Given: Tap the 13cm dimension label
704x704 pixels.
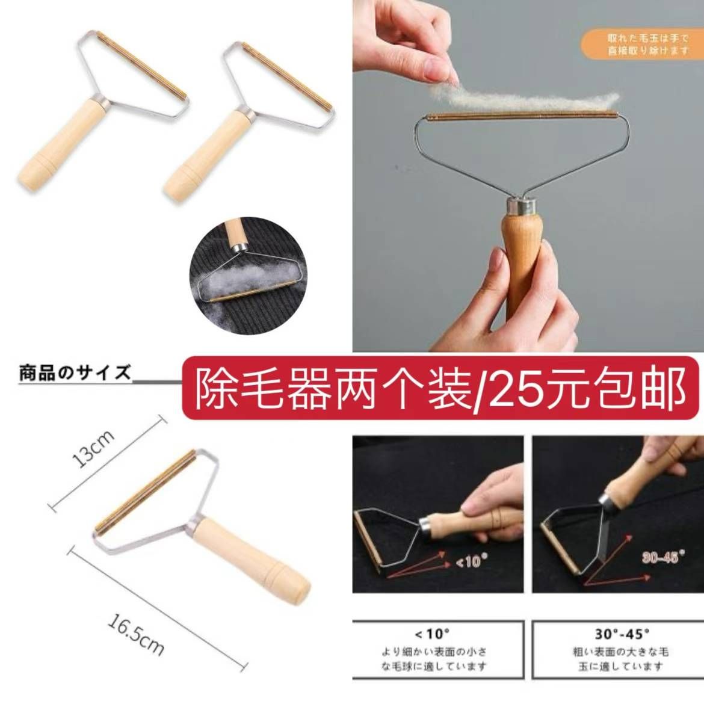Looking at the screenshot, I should point(93,448).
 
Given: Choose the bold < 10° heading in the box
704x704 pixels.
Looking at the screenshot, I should point(432,633).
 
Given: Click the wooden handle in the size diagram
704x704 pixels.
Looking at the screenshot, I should point(253,557).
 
